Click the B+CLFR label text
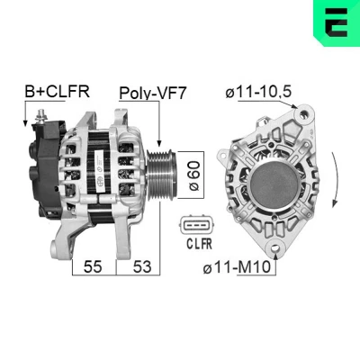click(57, 92)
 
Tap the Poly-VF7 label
click(153, 94)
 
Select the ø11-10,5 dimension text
click(258, 92)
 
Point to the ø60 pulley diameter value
click(194, 175)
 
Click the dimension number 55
click(93, 266)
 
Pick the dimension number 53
click(142, 266)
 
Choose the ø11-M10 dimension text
click(237, 267)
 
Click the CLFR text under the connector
click(200, 244)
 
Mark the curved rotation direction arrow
click(338, 180)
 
